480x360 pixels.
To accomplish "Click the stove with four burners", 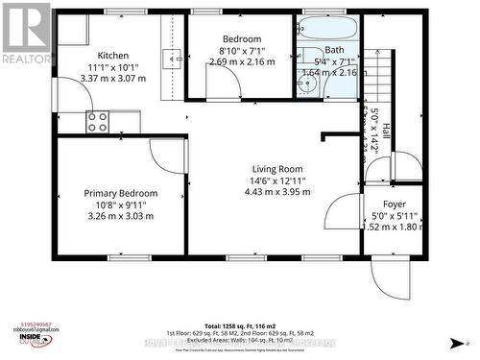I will (98, 121).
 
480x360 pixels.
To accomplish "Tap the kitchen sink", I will (174, 58).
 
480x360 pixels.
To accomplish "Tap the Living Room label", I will (277, 168).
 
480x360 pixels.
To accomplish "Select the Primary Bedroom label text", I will (120, 193).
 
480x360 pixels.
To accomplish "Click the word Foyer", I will (395, 204).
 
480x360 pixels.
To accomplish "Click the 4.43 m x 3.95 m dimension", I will (277, 191).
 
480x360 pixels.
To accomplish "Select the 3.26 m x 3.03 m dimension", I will (120, 216).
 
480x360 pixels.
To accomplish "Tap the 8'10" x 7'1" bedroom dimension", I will (242, 50).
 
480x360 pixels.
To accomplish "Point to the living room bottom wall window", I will (276, 256).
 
